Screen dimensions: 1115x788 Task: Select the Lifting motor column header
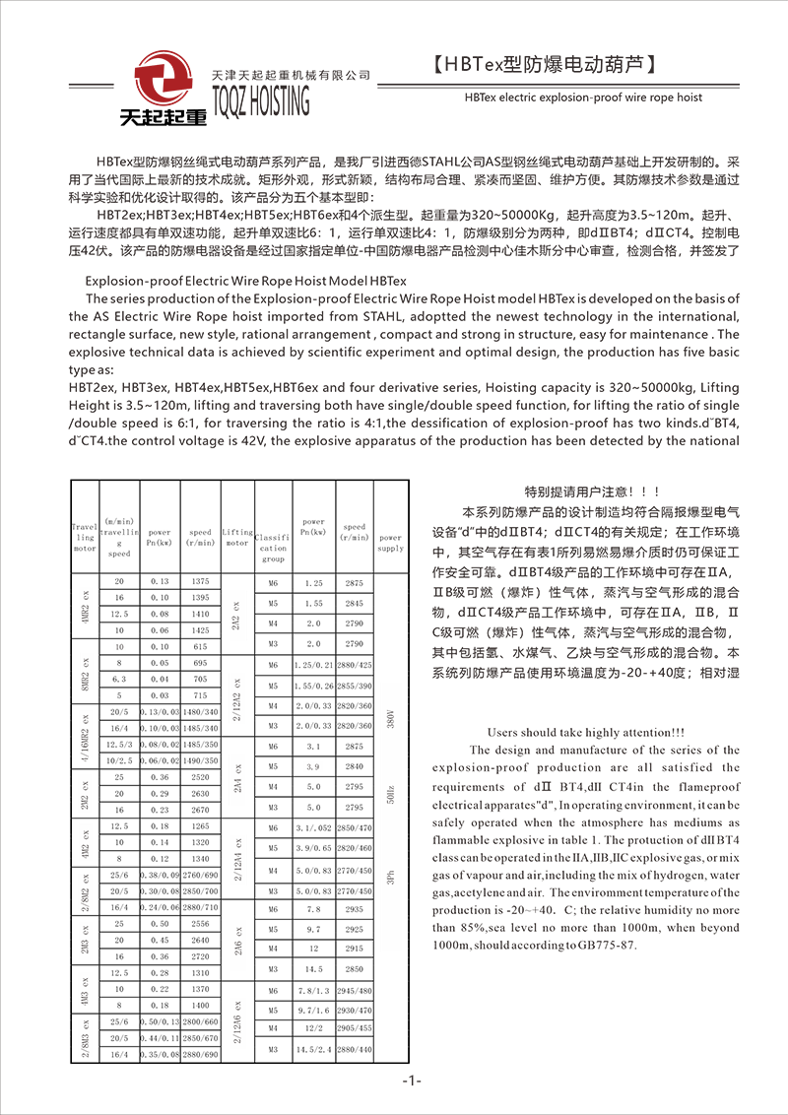tap(237, 537)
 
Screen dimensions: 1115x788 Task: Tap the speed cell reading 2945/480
tap(355, 990)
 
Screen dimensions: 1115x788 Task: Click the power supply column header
tap(390, 543)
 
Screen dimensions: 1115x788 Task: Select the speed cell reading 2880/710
tap(201, 906)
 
